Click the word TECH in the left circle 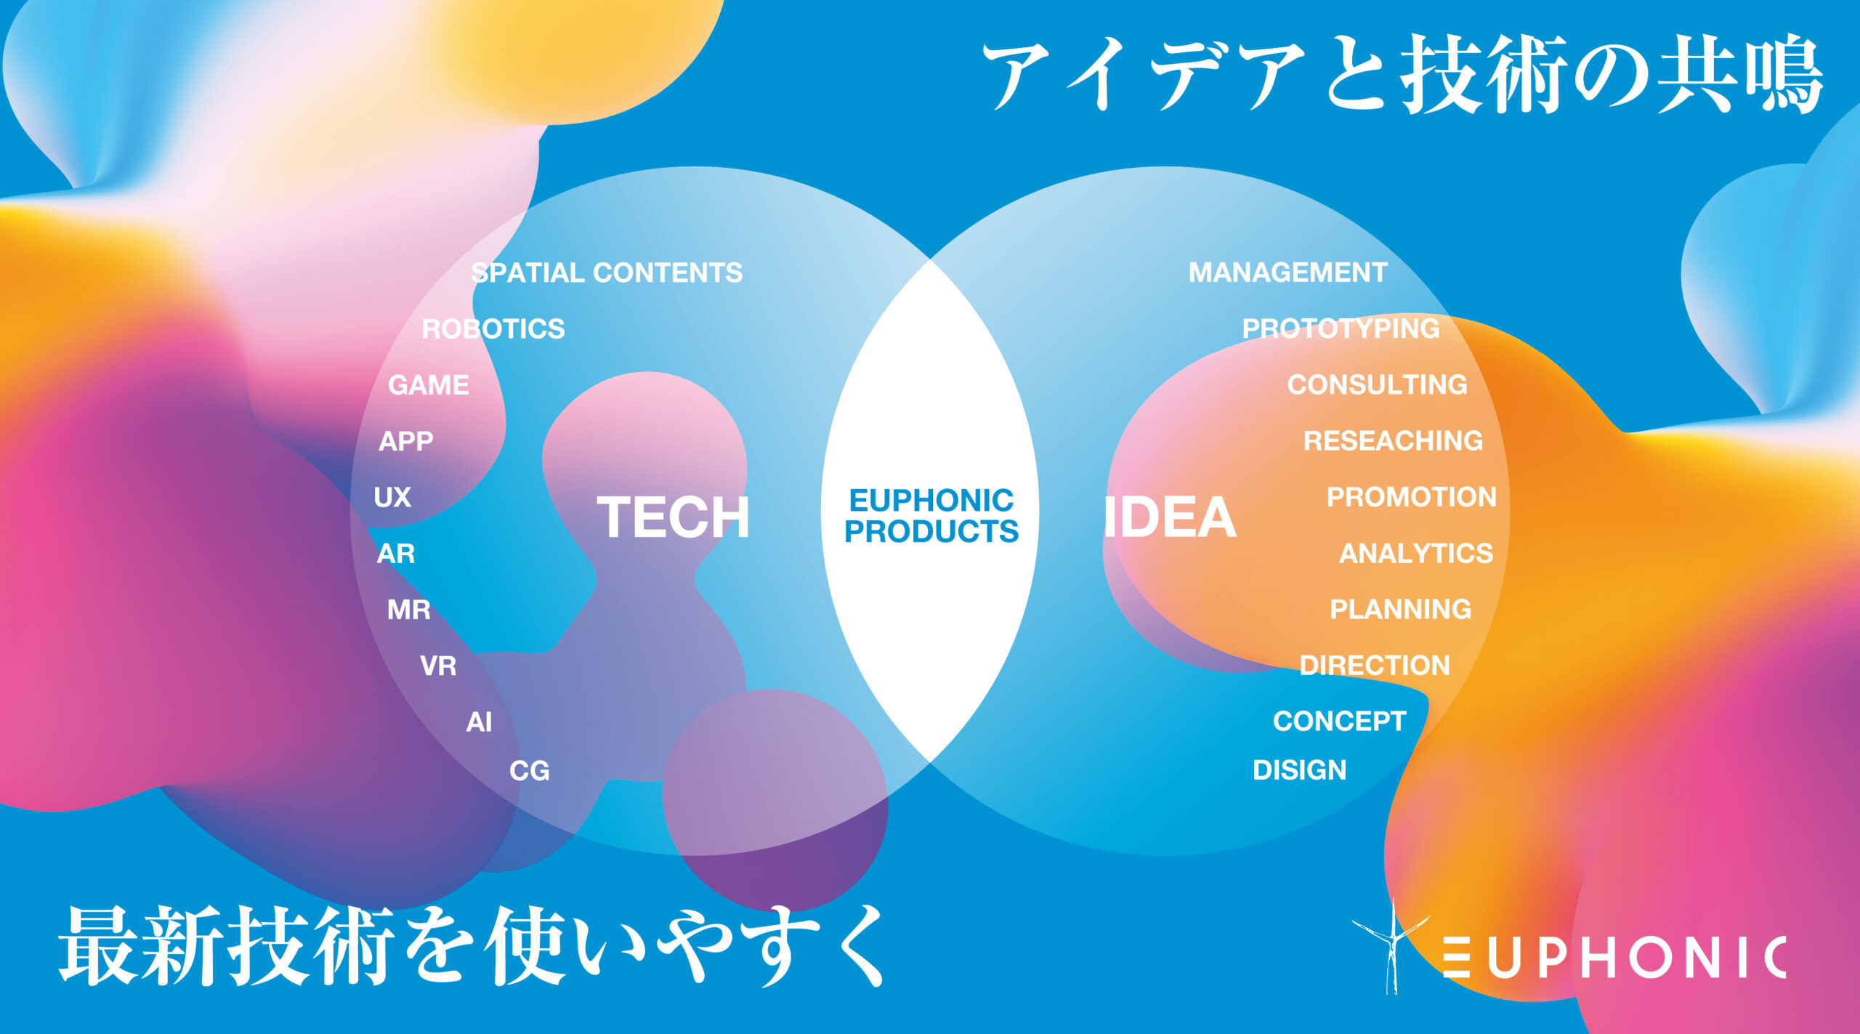674,517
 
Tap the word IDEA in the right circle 1170,517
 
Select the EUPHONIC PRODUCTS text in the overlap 931,516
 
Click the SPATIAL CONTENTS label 607,272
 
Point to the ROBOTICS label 493,329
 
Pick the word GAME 429,385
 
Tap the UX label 392,498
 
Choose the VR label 438,666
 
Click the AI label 479,722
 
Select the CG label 530,771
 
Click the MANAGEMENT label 1288,272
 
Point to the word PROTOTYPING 1341,328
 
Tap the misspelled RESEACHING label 1394,441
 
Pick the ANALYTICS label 1416,554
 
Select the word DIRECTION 1375,666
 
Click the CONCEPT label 1340,722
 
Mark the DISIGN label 1300,770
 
